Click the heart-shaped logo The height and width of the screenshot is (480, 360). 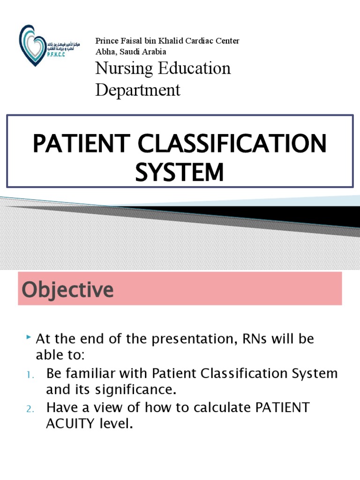33,44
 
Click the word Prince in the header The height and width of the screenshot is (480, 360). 106,41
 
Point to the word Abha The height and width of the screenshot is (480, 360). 105,52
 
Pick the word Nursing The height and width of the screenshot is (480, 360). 119,68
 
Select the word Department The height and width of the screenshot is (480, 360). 138,90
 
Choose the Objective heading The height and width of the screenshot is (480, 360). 67,289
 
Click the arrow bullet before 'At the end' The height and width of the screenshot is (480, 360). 29,337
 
